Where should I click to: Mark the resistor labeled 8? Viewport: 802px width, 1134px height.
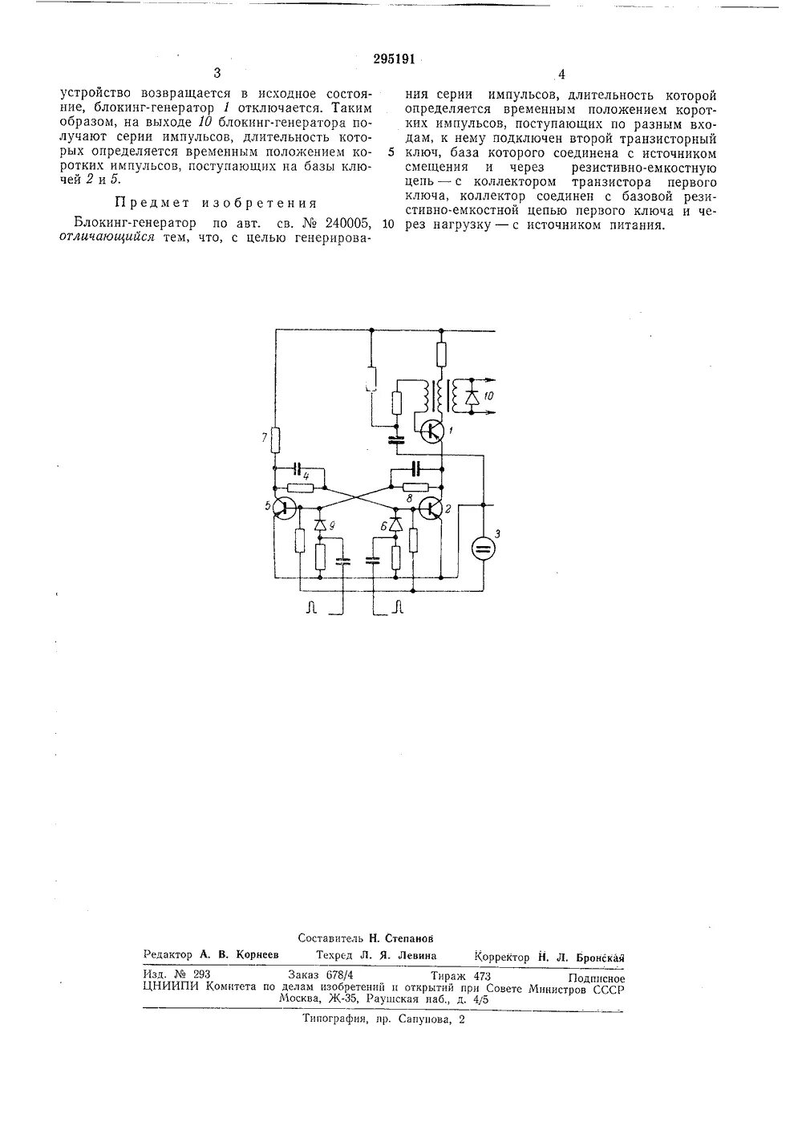click(x=415, y=487)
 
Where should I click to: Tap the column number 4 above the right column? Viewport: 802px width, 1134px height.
click(x=561, y=74)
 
